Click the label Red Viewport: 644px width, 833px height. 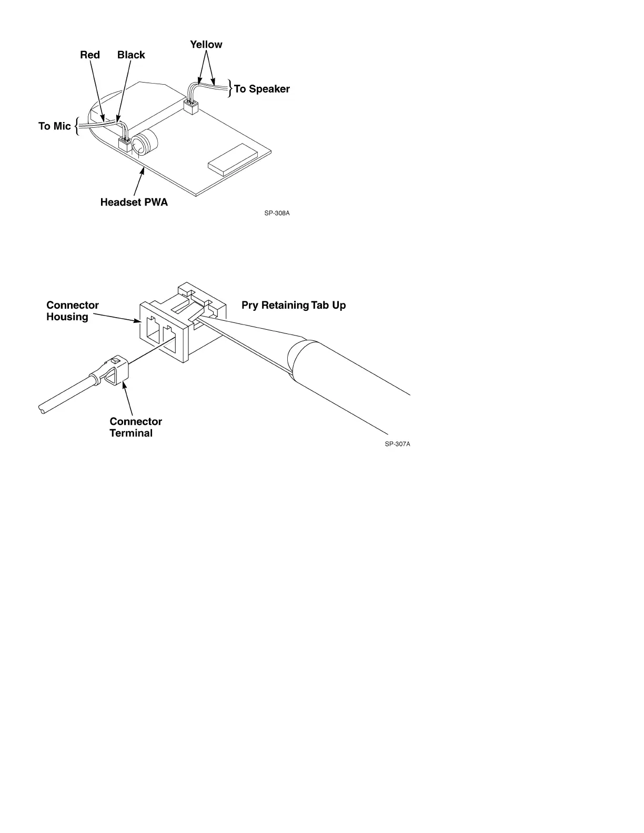click(89, 55)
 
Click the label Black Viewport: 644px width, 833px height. click(131, 55)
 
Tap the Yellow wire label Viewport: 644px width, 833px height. click(206, 45)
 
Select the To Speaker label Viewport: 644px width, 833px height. click(262, 89)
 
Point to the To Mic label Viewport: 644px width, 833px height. click(54, 126)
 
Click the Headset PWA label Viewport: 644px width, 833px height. click(134, 202)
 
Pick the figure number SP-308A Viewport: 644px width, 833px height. click(277, 214)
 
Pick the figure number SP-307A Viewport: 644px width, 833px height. click(397, 444)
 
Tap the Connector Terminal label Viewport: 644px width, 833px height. click(135, 427)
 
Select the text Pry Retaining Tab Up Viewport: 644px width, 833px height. click(294, 305)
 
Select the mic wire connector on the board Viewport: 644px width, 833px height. click(125, 143)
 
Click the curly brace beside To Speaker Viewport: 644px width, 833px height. click(230, 88)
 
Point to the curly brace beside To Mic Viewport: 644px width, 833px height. click(77, 126)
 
